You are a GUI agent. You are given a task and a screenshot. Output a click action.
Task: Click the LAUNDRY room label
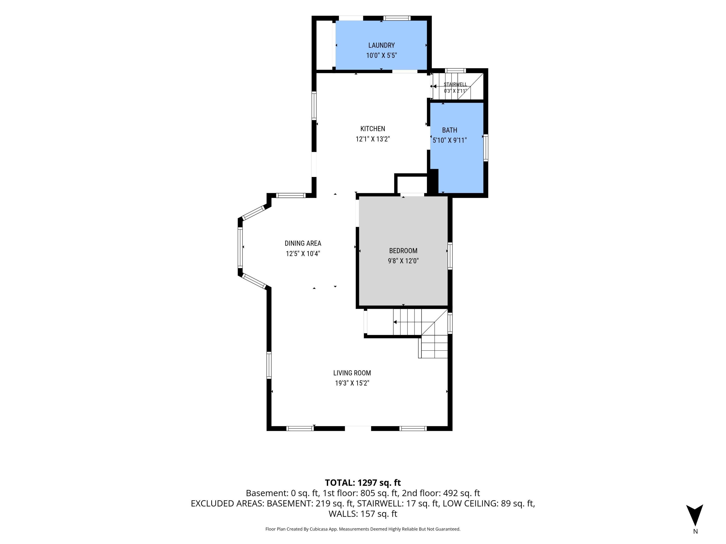tap(381, 45)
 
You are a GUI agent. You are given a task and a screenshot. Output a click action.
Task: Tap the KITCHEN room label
tap(372, 129)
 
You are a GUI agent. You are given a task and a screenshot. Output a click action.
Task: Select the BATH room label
tap(449, 130)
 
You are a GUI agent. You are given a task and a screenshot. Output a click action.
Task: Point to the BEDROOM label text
tap(403, 251)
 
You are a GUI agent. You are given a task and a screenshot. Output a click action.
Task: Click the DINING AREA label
tap(302, 243)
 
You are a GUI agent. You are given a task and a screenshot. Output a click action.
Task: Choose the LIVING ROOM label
tap(352, 373)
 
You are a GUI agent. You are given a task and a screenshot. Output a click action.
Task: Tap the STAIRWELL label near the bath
tap(455, 85)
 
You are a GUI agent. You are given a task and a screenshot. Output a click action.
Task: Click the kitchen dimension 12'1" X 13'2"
tap(372, 139)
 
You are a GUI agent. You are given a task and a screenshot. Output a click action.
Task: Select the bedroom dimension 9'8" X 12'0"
tap(403, 261)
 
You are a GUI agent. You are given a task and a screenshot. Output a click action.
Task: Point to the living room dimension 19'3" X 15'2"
tap(352, 383)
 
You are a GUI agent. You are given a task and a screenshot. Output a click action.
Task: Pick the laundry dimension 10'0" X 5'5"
tap(381, 55)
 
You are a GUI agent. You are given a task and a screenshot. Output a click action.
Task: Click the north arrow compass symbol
tap(695, 515)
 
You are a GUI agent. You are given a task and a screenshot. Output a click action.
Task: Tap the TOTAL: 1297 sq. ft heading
tap(363, 483)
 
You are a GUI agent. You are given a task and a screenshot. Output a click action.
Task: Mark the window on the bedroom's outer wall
tap(450, 256)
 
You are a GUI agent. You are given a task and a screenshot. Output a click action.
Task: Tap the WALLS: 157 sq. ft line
tap(363, 514)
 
